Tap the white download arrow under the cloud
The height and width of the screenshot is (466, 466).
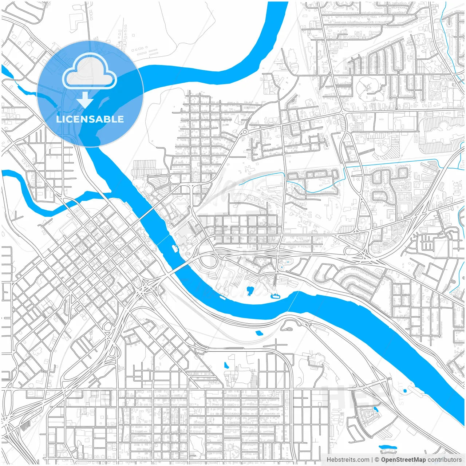(85, 100)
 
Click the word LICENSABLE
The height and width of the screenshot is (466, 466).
(90, 119)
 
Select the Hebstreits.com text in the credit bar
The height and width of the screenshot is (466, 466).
(348, 460)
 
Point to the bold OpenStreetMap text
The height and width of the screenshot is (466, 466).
(403, 460)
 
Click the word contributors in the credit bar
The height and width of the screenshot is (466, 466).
(445, 460)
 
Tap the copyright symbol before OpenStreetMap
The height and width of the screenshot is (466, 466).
(377, 460)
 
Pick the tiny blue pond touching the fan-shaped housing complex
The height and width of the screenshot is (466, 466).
(376, 409)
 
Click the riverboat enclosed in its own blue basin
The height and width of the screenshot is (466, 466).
(275, 296)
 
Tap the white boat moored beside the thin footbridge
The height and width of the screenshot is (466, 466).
(175, 248)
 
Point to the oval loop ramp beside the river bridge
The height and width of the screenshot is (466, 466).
(208, 261)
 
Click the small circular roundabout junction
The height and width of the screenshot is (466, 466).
(245, 131)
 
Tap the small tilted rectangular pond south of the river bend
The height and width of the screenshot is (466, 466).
(259, 333)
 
